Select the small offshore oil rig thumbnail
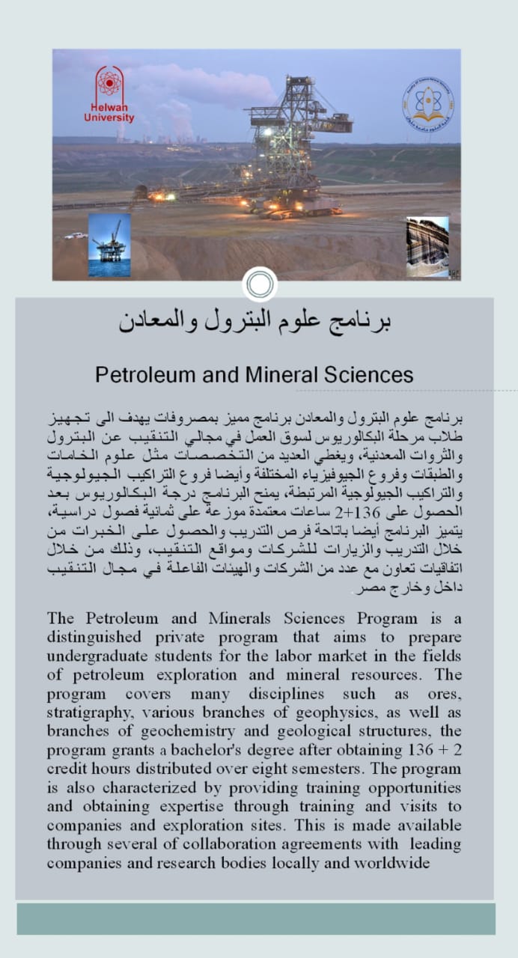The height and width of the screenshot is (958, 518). point(109,245)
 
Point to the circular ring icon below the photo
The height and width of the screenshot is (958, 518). point(260,284)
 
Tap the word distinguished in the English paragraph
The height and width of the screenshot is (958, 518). point(94,638)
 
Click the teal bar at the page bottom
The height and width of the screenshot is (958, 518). point(256,918)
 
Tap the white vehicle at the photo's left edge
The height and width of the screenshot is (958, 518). point(76,236)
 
